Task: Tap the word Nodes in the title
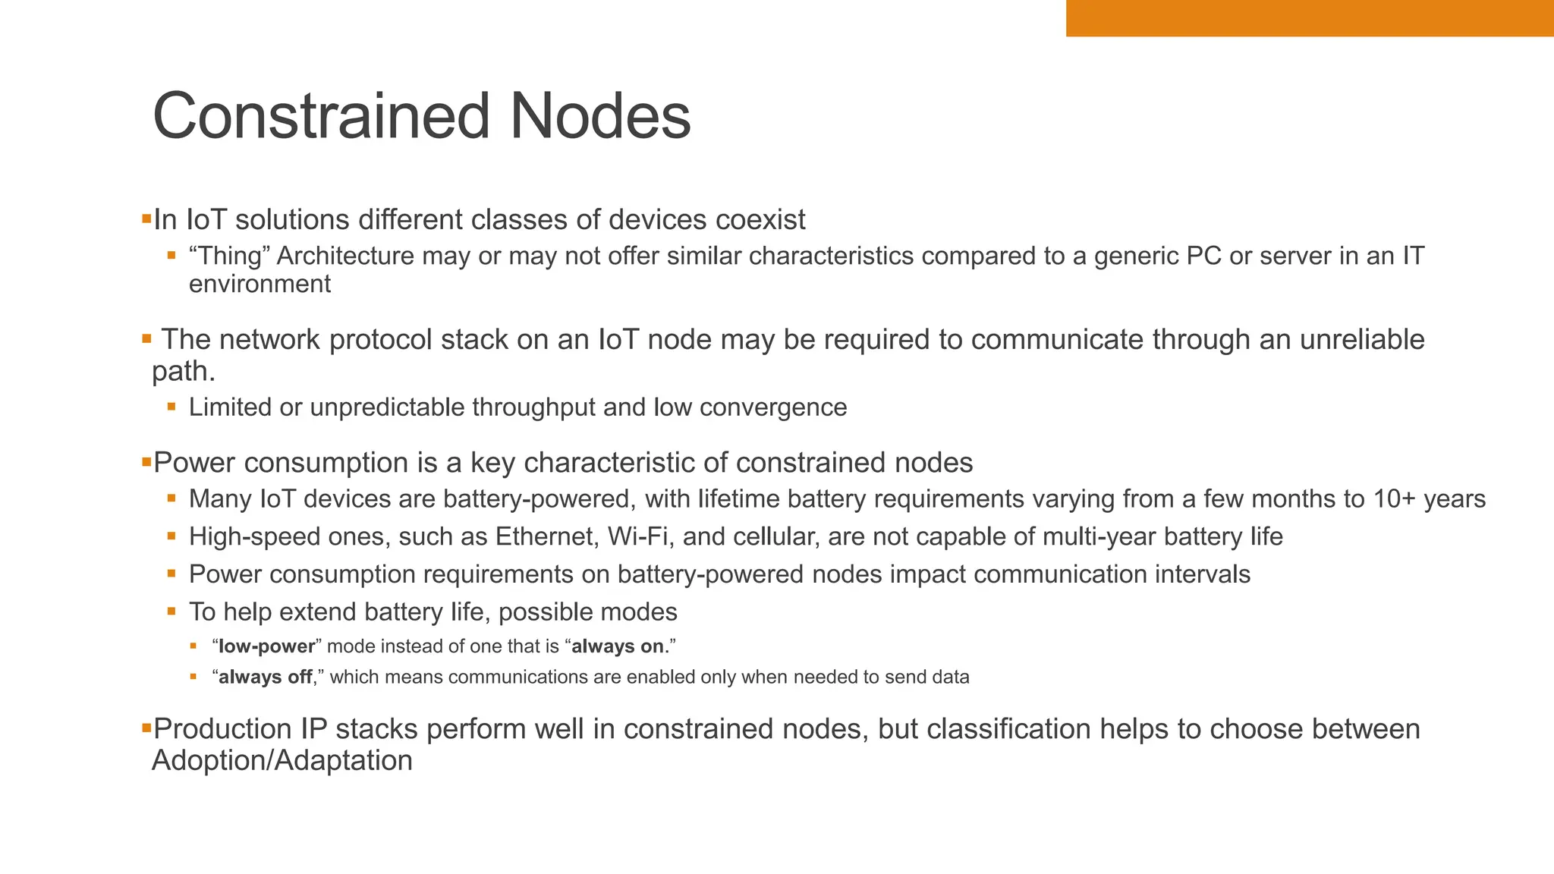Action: coord(599,116)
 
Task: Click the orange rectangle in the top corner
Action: coord(1310,17)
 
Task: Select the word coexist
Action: coord(760,220)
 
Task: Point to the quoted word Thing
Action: coord(230,256)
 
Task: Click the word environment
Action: coord(260,285)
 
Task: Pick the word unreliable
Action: coord(1362,339)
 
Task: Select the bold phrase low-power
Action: coord(266,646)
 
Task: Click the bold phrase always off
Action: coord(265,677)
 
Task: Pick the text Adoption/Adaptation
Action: coord(282,760)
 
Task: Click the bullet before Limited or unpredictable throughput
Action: coord(172,407)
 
